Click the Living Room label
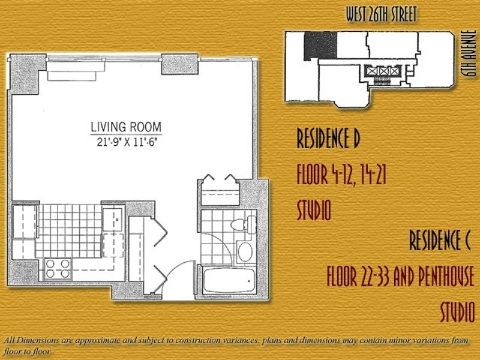click(126, 127)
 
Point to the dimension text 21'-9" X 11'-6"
click(127, 142)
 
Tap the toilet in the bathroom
click(244, 224)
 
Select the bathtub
click(229, 280)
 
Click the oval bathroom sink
click(245, 251)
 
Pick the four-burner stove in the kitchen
click(58, 268)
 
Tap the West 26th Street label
click(381, 14)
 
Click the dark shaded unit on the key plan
click(320, 45)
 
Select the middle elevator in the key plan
click(383, 71)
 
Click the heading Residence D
click(328, 138)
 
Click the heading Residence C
click(440, 241)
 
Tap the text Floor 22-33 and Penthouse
click(400, 276)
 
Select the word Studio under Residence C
click(457, 311)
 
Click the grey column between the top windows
click(179, 64)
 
